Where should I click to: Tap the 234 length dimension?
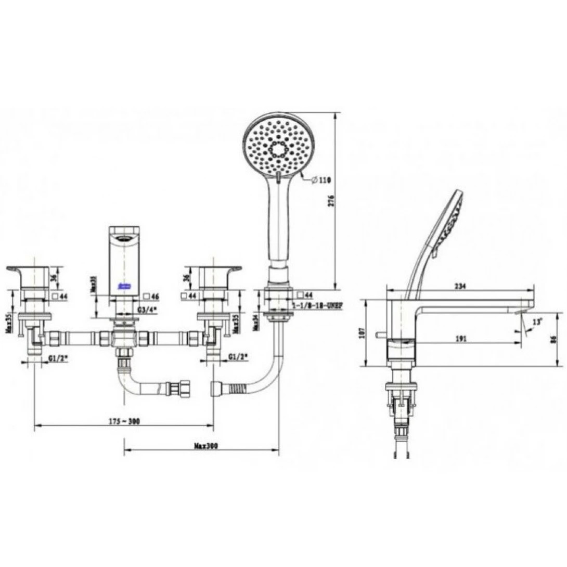[x=460, y=286]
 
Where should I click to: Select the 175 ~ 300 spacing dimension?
[x=123, y=421]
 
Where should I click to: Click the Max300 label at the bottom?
[x=205, y=446]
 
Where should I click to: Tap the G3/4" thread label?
[x=148, y=310]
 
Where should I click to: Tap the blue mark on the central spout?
[x=124, y=286]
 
